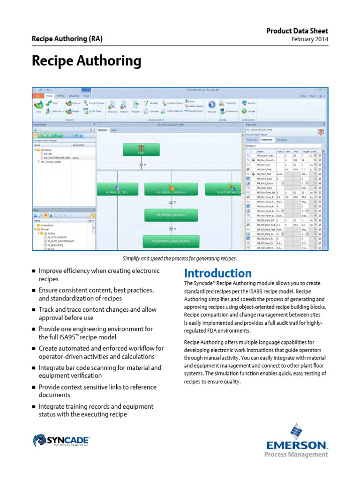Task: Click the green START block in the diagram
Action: tap(141, 150)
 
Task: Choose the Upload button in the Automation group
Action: tap(248, 111)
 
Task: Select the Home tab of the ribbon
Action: tap(49, 95)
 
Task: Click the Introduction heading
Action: tap(217, 273)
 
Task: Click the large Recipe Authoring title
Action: tap(86, 61)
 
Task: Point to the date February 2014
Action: tap(310, 39)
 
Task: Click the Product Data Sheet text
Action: tap(297, 30)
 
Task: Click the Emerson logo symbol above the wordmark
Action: tap(297, 431)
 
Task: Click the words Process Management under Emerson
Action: tap(296, 454)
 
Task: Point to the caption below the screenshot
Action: tap(180, 258)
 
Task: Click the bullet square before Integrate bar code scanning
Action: tap(34, 368)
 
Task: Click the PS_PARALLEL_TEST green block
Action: tap(113, 189)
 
